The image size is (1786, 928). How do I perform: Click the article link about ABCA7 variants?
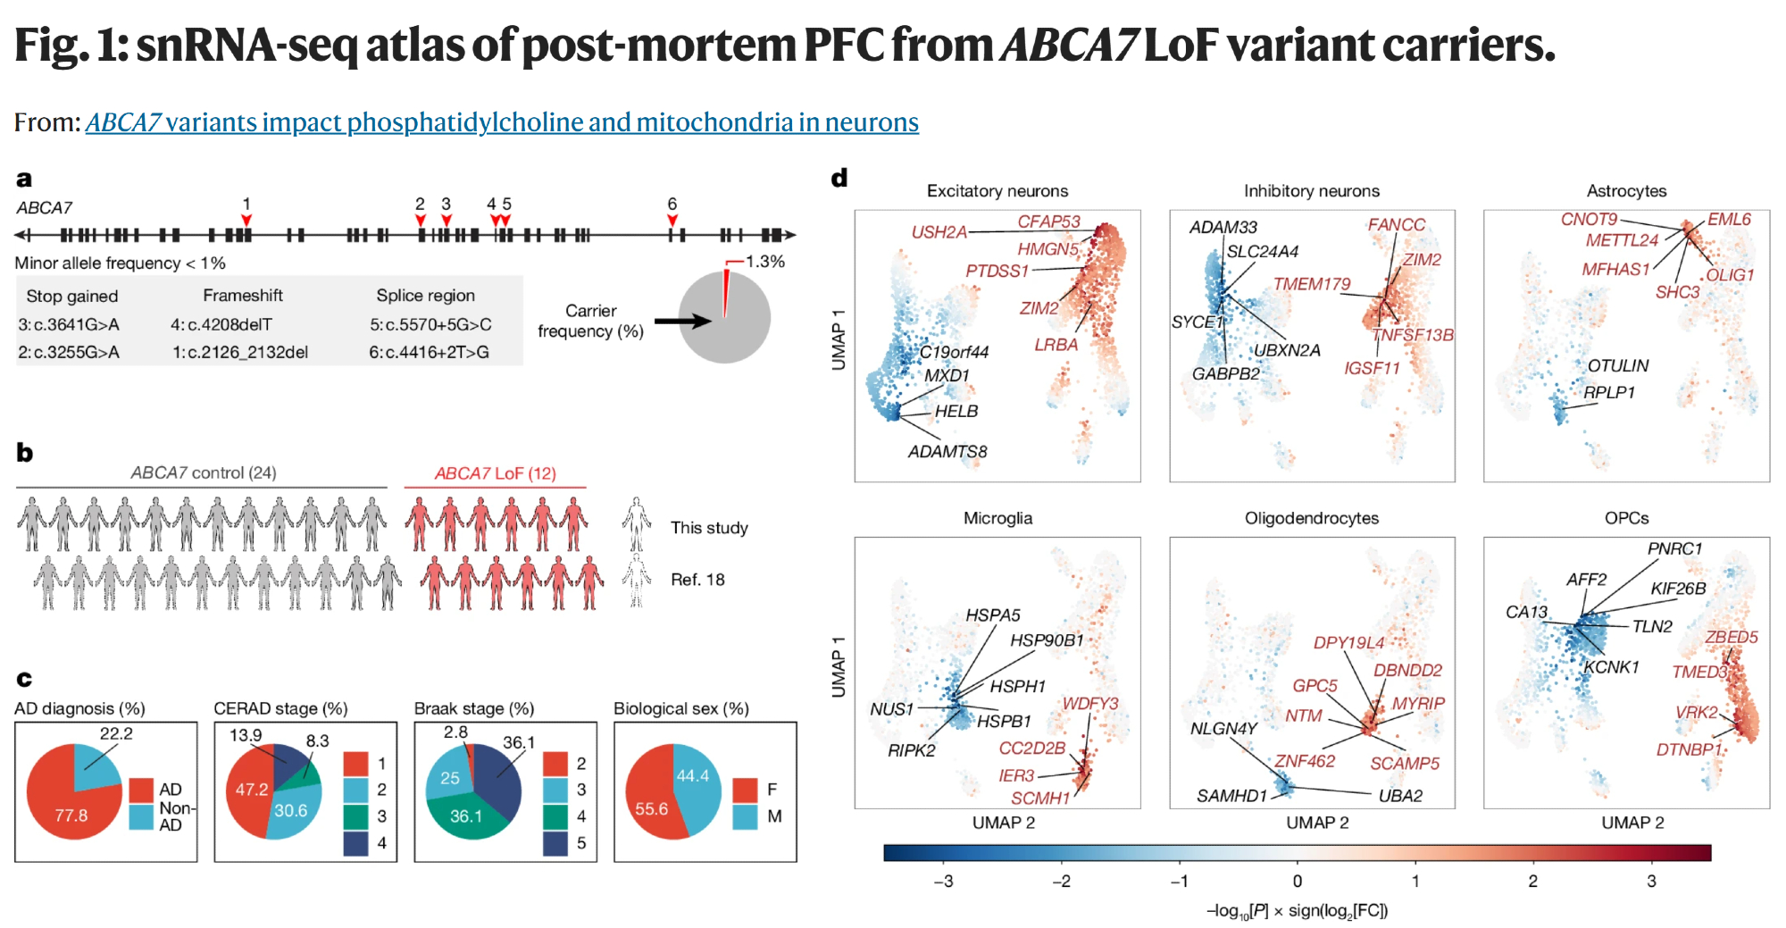[502, 122]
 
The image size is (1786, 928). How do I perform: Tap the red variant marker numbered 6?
[672, 220]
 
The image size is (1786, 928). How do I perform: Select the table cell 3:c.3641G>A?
[69, 324]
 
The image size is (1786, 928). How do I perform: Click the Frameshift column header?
[242, 296]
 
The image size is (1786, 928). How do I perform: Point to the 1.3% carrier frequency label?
[764, 262]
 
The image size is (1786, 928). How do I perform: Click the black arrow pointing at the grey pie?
[682, 321]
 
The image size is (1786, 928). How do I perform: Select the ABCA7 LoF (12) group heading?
[495, 473]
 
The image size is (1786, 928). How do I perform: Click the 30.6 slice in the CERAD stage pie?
[290, 811]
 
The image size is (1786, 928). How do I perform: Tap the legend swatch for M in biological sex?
[745, 816]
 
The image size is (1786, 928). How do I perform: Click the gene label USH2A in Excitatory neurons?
[939, 232]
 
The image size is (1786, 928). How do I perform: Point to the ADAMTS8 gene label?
[947, 452]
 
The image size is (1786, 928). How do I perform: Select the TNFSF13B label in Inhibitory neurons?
[1413, 335]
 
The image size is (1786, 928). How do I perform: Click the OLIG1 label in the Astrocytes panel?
[1730, 275]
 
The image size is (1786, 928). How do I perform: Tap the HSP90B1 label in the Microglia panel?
[1047, 640]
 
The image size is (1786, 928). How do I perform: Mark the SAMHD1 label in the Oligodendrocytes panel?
[1231, 796]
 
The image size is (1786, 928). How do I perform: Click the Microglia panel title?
[997, 518]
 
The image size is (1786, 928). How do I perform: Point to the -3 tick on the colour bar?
[943, 881]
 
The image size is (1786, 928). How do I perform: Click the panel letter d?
[839, 179]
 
